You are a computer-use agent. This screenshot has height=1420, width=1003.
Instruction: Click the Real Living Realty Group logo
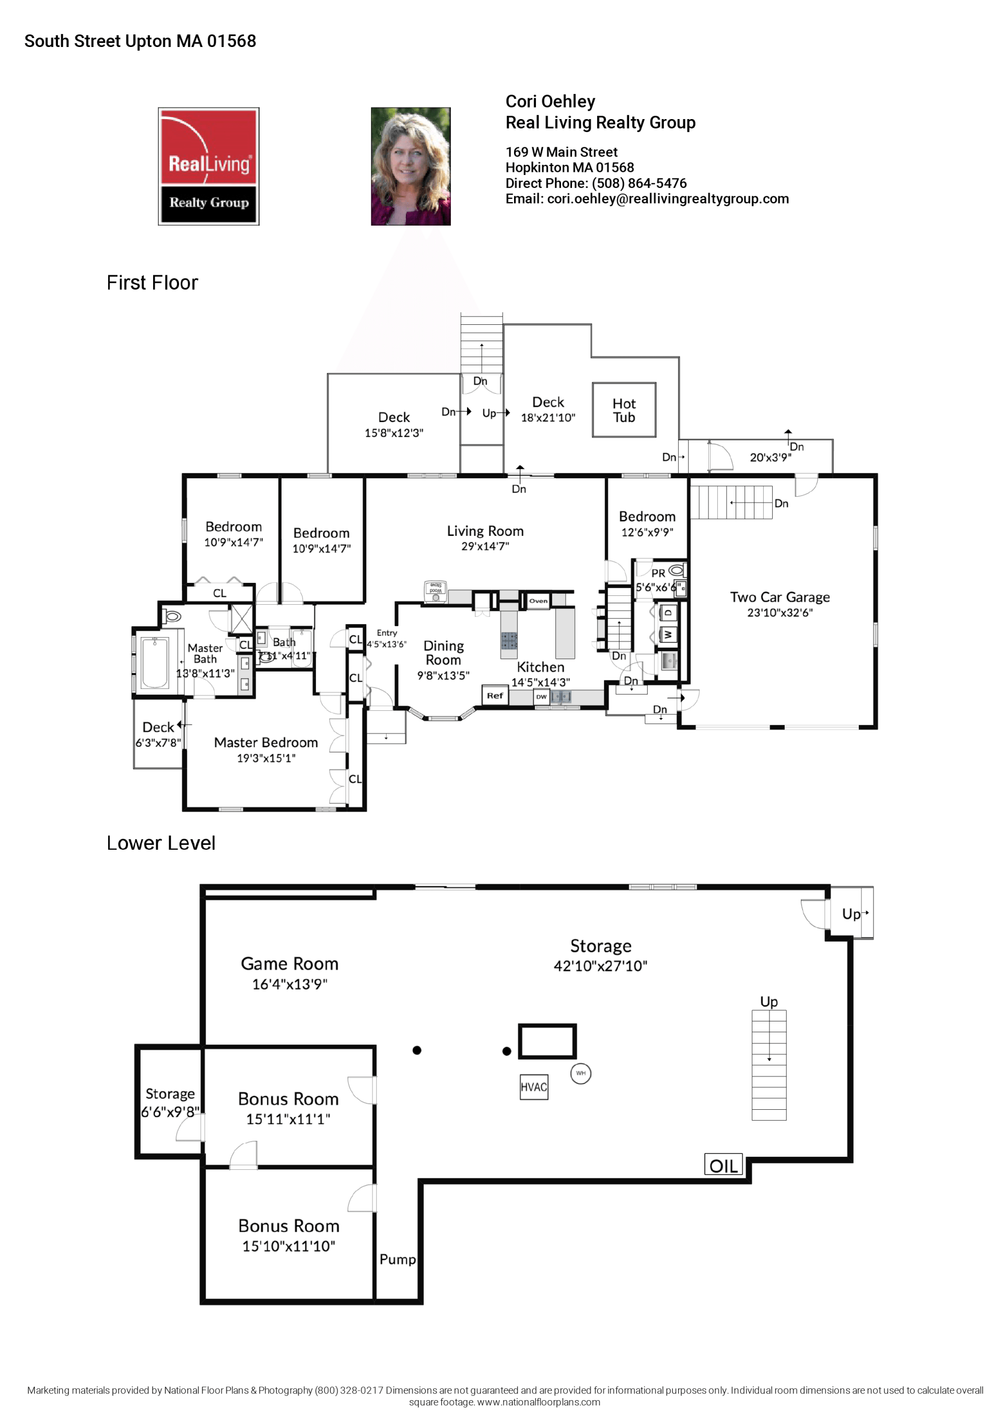[x=208, y=167]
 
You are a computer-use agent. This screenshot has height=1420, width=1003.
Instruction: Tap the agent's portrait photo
[x=410, y=167]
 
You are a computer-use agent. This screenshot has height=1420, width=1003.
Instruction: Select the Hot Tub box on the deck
[x=624, y=409]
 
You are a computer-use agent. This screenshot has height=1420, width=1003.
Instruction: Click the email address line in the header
[x=647, y=198]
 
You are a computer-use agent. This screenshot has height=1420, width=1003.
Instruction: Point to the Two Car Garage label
[x=779, y=597]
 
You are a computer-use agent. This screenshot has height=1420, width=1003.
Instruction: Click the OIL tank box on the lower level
[x=722, y=1165]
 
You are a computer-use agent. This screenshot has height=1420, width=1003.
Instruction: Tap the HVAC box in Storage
[x=533, y=1087]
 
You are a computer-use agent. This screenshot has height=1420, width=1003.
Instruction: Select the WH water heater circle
[x=580, y=1073]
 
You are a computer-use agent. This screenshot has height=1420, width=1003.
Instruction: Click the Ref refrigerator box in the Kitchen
[x=494, y=695]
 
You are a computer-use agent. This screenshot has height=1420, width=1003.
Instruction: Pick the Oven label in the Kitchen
[x=538, y=601]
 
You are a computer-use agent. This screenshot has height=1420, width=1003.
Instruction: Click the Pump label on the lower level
[x=397, y=1259]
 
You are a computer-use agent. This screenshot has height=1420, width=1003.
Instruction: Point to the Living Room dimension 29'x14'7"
[x=485, y=546]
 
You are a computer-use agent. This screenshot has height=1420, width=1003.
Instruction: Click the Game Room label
[x=289, y=964]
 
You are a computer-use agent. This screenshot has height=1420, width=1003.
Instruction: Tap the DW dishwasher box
[x=541, y=696]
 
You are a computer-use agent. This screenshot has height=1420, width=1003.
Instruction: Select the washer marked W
[x=668, y=635]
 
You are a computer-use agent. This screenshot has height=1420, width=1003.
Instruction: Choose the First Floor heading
[x=152, y=283]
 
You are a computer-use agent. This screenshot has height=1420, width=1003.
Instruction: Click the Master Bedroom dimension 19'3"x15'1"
[x=266, y=758]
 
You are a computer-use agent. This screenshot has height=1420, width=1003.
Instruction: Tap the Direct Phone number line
[x=595, y=183]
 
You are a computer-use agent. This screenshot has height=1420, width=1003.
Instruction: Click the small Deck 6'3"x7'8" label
[x=158, y=734]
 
